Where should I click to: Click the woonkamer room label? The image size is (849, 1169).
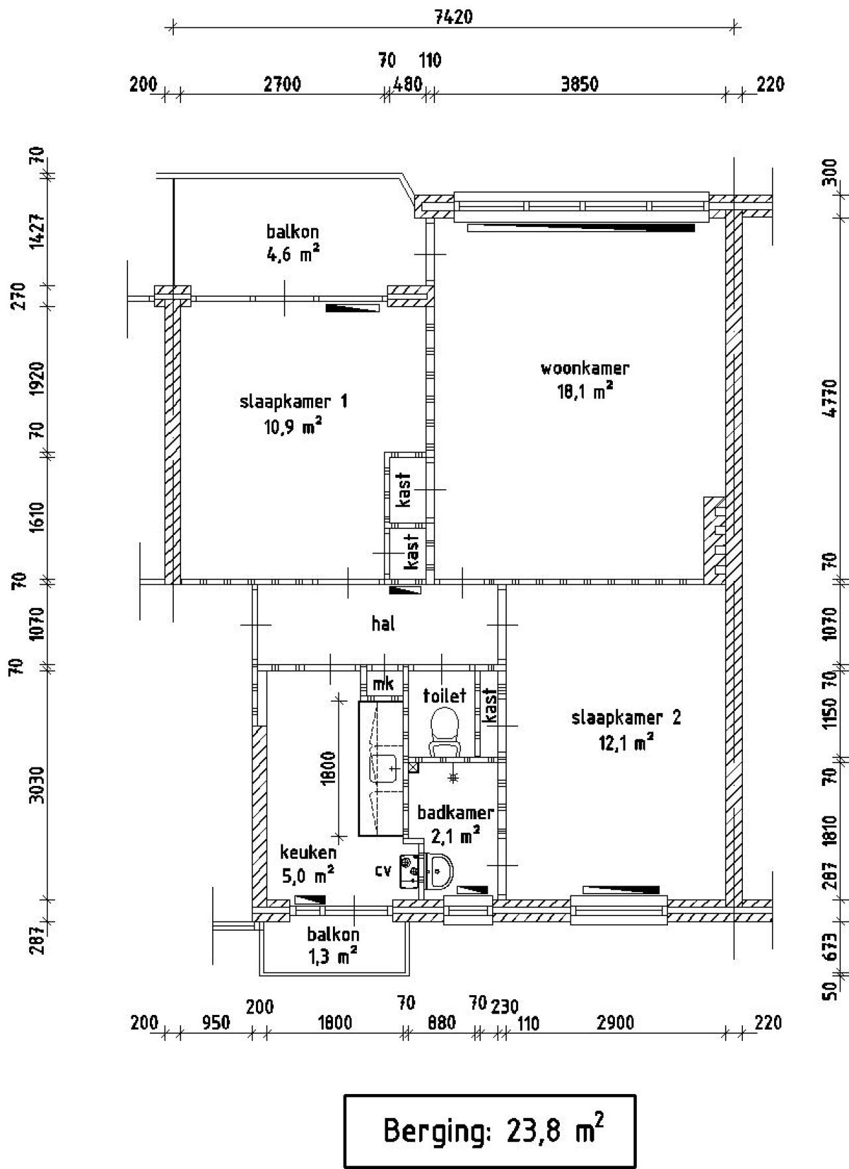585,368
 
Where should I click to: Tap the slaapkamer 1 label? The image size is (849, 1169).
293,402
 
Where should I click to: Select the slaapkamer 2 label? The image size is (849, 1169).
626,718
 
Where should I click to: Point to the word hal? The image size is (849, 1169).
383,623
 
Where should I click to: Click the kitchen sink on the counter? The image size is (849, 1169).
382,769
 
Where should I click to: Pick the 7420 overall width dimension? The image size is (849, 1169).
454,17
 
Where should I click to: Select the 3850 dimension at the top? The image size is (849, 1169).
580,84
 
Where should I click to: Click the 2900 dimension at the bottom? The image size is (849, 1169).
616,1023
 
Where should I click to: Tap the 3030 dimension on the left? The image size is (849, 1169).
37,785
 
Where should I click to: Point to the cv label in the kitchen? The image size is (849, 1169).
383,870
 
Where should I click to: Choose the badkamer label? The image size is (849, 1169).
456,813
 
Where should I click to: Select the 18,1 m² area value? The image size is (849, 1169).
585,392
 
